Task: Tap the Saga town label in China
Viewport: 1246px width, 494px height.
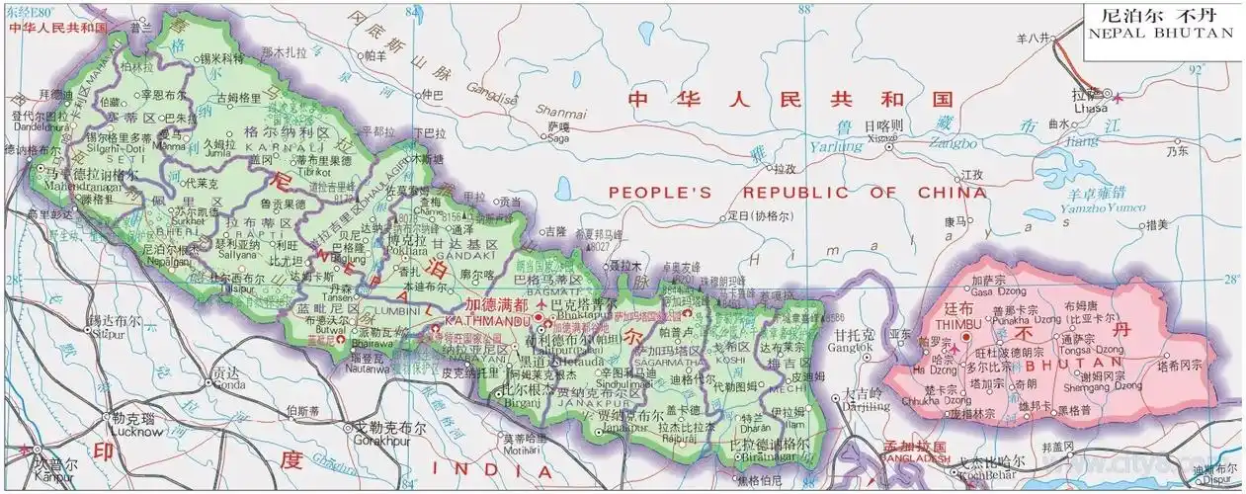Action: coord(557,139)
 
